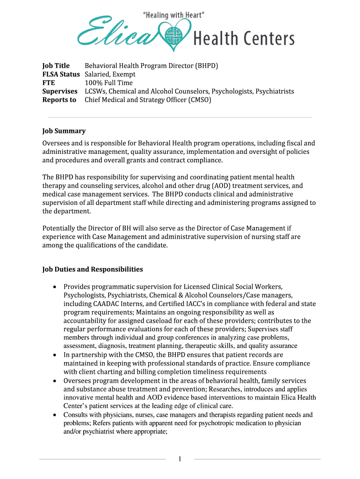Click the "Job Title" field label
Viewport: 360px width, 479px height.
click(x=56, y=65)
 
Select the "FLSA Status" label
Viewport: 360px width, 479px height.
click(x=61, y=74)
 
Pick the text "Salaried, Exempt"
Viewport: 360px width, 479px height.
click(x=110, y=74)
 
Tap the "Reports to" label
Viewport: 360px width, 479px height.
click(x=59, y=100)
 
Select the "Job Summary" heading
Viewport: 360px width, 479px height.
click(x=64, y=131)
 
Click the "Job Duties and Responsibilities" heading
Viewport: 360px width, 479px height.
click(x=93, y=269)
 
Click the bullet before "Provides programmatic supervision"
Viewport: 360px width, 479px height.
click(x=55, y=287)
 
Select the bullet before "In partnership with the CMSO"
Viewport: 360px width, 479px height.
click(x=55, y=355)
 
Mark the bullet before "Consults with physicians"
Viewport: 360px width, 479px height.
click(x=55, y=415)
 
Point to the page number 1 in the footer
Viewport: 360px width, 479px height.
click(x=180, y=459)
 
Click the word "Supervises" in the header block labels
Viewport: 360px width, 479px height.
click(x=60, y=91)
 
